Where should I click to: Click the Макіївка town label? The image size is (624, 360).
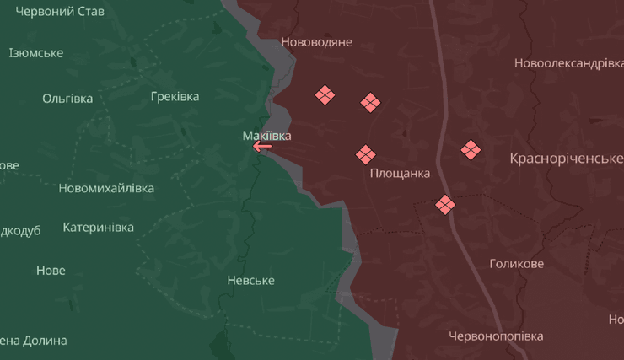267,135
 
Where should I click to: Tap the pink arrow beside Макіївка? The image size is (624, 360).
262,147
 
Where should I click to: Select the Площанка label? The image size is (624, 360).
400,173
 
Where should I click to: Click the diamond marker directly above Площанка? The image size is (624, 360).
365,154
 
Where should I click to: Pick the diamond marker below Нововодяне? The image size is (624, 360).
325,95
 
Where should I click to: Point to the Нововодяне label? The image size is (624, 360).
316,41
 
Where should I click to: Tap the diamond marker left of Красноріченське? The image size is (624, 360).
471,150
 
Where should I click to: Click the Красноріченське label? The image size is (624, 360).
566,158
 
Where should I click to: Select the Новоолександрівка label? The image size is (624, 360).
569,63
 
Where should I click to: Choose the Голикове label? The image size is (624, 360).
516,264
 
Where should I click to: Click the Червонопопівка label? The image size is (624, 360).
496,336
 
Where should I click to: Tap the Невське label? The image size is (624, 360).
250,280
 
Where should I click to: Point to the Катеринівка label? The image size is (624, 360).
98,228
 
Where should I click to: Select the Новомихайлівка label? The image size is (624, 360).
106,188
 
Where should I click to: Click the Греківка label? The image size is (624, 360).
175,96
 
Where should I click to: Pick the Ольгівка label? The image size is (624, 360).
67,98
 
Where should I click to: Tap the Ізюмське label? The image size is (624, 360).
36,53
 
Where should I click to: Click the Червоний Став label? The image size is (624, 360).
60,12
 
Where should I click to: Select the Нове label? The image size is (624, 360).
51,271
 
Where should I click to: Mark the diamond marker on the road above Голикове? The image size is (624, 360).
445,204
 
